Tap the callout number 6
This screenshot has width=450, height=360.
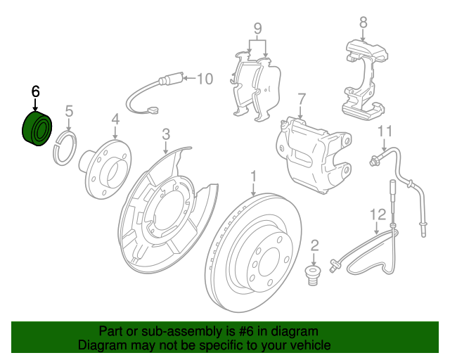[36, 91]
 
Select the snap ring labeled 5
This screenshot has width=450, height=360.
[64, 148]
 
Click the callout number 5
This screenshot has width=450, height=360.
[69, 110]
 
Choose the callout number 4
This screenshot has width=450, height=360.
[115, 120]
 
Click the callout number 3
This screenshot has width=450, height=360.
[165, 134]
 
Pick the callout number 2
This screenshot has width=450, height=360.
[314, 245]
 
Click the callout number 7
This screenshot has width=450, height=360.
[301, 98]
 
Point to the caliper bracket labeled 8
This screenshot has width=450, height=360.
[364, 77]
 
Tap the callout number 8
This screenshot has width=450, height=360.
[364, 22]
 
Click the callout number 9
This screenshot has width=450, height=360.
[257, 30]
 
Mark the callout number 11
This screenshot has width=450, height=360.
[384, 131]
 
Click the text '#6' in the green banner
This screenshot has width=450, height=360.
[235, 331]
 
